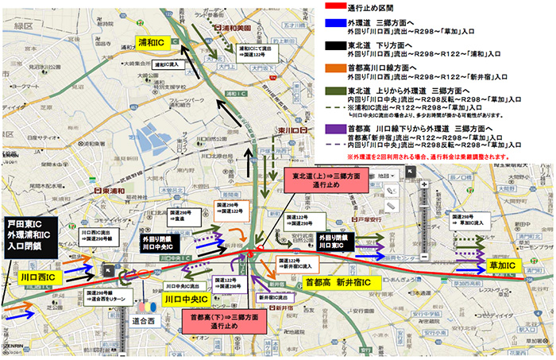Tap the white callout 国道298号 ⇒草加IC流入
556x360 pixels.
coord(467,219)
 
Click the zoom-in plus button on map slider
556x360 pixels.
coord(425,186)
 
